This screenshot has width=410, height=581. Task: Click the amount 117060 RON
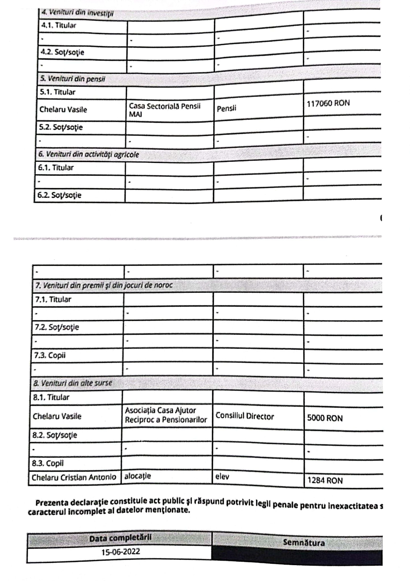(x=328, y=103)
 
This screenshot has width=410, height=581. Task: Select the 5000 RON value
(x=325, y=418)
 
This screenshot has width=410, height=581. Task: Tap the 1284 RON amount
(x=325, y=480)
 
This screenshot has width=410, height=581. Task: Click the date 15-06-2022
(x=120, y=552)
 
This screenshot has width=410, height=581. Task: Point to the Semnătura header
(x=304, y=543)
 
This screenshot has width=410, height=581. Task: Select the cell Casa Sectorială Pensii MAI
(x=165, y=110)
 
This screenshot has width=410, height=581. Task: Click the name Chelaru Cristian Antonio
(x=74, y=477)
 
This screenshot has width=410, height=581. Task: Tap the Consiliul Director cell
(x=245, y=416)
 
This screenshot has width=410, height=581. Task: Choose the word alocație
(x=138, y=476)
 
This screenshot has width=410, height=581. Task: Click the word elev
(x=222, y=476)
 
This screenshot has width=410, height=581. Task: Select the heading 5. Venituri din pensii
(x=72, y=79)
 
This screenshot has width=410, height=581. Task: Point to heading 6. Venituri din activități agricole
(x=89, y=154)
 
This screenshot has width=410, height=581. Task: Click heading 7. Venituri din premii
(x=104, y=285)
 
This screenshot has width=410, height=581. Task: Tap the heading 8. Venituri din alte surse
(x=73, y=383)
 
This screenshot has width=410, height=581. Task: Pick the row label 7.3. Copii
(x=50, y=355)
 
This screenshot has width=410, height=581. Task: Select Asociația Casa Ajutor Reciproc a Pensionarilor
(x=166, y=415)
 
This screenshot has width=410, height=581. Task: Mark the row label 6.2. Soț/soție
(x=59, y=195)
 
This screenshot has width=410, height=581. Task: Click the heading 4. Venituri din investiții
(x=78, y=13)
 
